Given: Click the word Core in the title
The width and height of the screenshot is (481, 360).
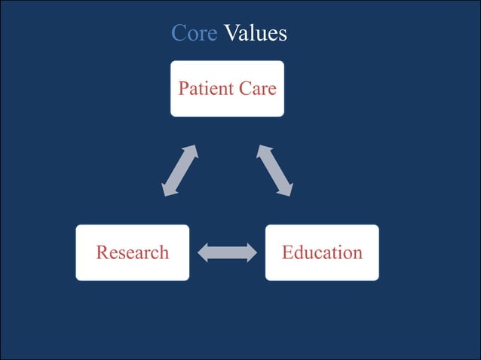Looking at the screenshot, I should (194, 33).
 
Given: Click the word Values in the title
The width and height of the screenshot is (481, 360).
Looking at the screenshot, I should (256, 33).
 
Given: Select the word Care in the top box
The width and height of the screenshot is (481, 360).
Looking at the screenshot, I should (257, 89).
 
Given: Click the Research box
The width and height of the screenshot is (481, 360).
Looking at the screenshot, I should (132, 252).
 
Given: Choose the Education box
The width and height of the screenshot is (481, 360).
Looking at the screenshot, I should (322, 252).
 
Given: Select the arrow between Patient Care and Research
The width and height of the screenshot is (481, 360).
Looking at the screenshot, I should (180, 171).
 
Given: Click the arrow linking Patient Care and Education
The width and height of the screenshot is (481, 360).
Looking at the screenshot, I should (274, 171).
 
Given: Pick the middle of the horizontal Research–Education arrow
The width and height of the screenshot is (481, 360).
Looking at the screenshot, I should (227, 252).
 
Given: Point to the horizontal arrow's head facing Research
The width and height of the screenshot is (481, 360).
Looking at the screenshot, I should (203, 252).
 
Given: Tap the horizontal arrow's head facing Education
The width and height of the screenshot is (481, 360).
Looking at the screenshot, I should (251, 252).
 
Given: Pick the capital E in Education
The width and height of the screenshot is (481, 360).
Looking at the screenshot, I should (287, 252).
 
